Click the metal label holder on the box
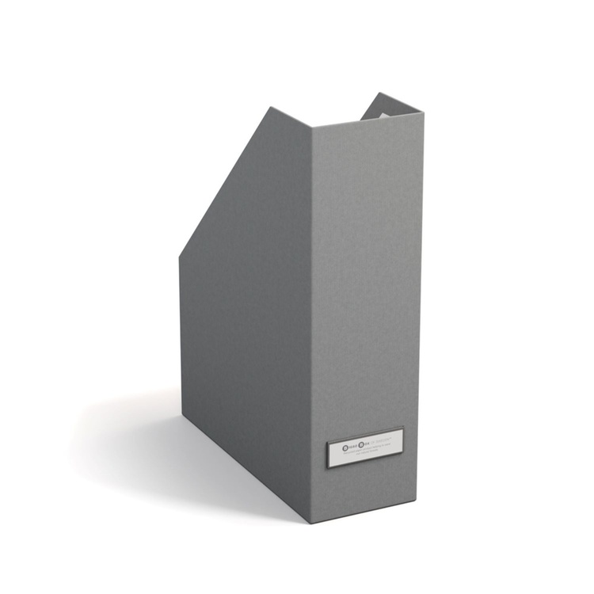[x=366, y=447]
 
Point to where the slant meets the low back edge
[x=180, y=255]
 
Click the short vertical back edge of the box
[x=180, y=333]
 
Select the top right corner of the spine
[x=424, y=114]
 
